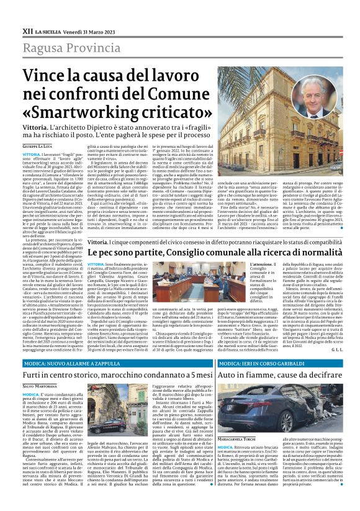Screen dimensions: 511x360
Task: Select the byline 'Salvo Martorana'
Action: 43,386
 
